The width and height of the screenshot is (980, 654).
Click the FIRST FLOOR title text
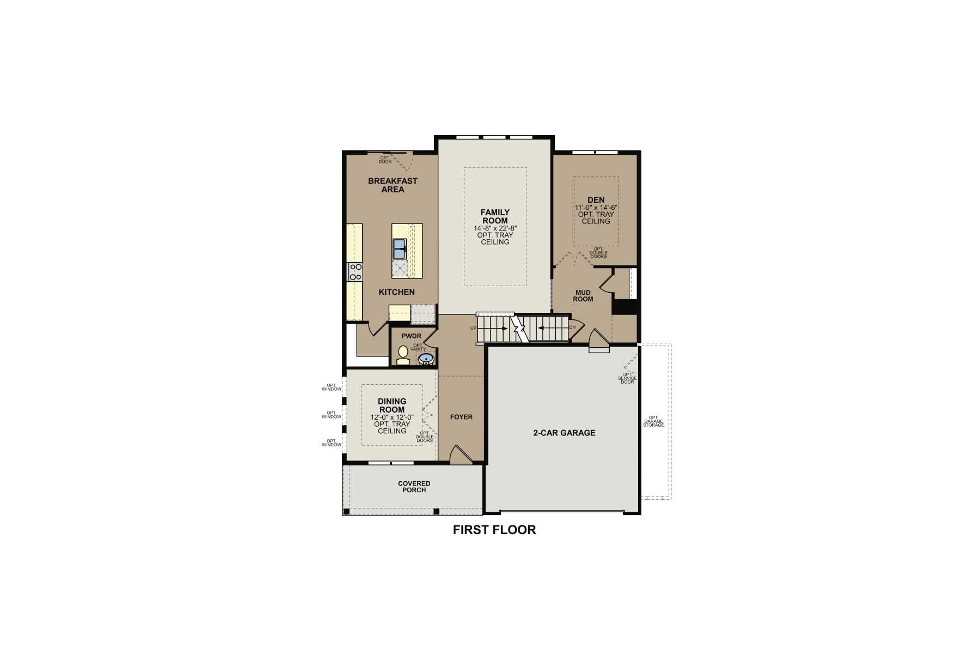494,530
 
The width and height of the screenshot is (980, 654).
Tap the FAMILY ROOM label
495,216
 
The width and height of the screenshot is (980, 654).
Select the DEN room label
596,200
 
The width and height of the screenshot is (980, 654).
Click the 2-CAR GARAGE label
564,433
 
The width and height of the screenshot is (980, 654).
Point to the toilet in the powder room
403,355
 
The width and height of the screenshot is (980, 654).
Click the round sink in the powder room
426,358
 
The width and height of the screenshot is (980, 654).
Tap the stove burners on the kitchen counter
355,271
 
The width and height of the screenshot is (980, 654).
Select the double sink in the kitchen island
400,249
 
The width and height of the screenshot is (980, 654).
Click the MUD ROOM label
583,296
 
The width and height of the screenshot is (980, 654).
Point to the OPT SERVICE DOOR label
627,378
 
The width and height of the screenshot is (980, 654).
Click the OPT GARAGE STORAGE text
653,421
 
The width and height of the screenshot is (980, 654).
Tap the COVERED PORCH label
414,487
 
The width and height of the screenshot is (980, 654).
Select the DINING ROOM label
392,405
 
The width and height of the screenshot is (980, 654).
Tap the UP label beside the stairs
473,328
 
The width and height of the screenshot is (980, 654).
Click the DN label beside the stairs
572,328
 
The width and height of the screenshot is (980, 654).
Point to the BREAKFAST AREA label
393,185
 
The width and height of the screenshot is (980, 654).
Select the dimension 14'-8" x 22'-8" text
495,228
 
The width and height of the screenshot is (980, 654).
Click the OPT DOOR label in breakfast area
385,160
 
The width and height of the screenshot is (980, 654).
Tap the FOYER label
461,417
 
